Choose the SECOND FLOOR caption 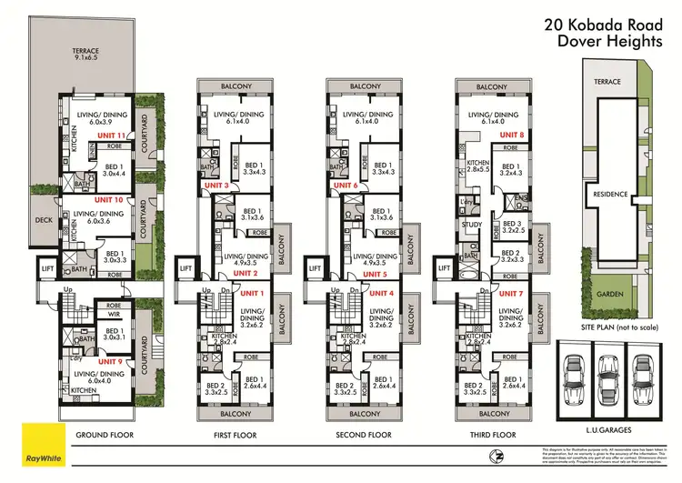[x=364, y=436]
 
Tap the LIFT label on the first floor [x=186, y=268]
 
